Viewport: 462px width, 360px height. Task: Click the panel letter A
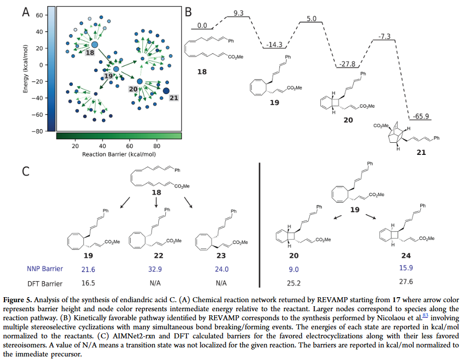point(26,12)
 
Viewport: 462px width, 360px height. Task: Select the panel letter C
point(27,171)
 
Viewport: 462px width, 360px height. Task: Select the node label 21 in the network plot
point(173,97)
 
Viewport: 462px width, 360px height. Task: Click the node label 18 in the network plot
point(89,52)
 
